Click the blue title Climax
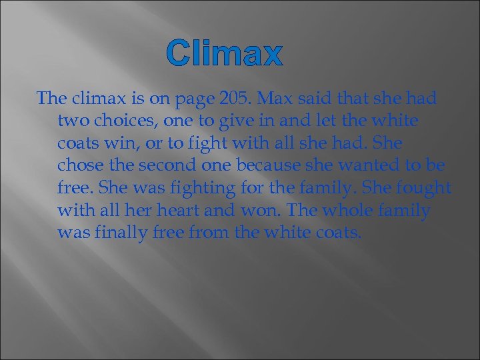coord(224,53)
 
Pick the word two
coord(73,122)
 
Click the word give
coord(249,122)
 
